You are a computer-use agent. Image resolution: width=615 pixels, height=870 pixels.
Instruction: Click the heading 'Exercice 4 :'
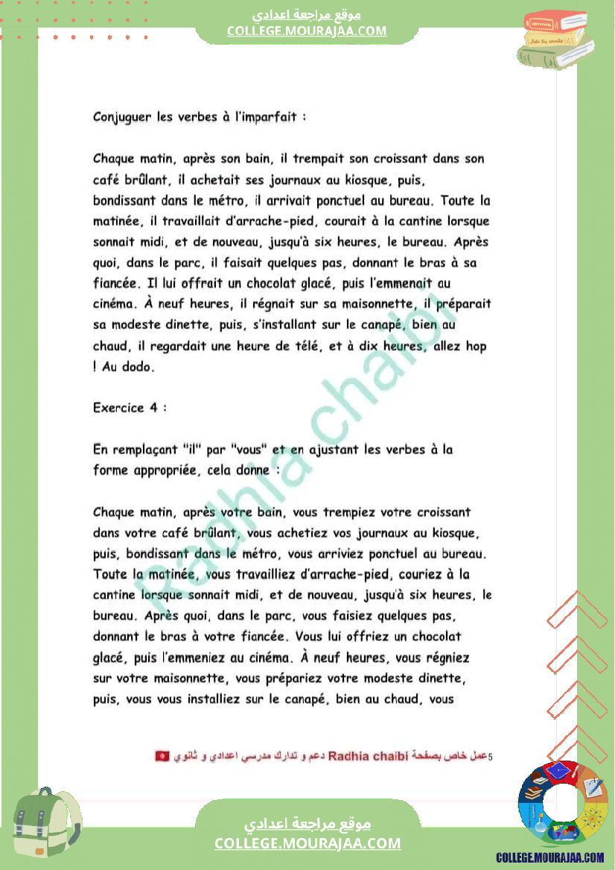pos(130,408)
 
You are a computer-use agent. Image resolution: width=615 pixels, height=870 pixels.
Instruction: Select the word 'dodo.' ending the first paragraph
pos(141,367)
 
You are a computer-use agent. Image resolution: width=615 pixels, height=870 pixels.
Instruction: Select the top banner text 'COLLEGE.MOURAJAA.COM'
pos(307,31)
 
